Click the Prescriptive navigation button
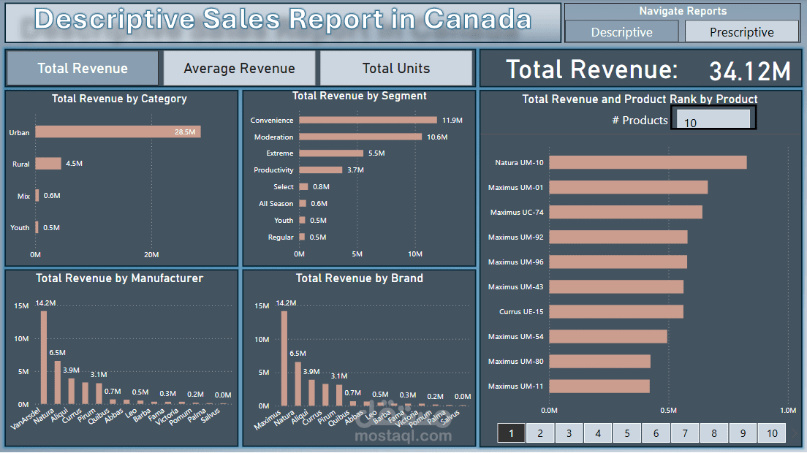pos(741,32)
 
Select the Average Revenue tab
pos(239,69)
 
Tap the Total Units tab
pos(396,69)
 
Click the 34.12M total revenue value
pos(749,71)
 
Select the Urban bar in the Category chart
pos(118,132)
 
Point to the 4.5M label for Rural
pos(74,164)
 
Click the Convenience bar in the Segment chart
pos(368,120)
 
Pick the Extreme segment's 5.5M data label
pos(376,153)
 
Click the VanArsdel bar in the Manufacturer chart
pos(43,357)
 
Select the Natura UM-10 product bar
pos(648,162)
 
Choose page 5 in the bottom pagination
pos(626,433)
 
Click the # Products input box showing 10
pos(713,118)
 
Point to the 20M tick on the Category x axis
pos(151,255)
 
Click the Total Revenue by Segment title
pos(359,96)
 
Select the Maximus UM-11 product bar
pos(599,386)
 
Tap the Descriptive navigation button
pos(621,32)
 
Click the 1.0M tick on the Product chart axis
pos(788,410)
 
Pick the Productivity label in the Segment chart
pos(273,170)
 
